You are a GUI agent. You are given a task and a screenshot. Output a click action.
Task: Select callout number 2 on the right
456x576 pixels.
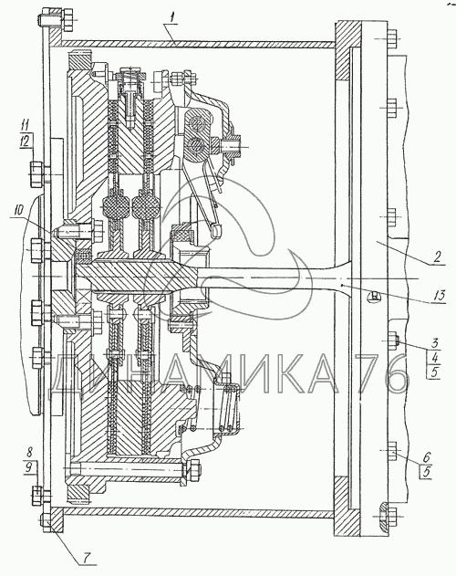436,257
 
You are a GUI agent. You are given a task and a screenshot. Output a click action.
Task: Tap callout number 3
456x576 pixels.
435,343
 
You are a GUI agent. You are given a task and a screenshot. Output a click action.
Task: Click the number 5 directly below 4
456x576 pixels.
435,372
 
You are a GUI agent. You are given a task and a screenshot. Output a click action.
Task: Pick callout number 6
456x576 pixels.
428,457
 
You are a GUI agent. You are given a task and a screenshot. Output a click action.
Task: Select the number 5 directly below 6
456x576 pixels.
426,473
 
